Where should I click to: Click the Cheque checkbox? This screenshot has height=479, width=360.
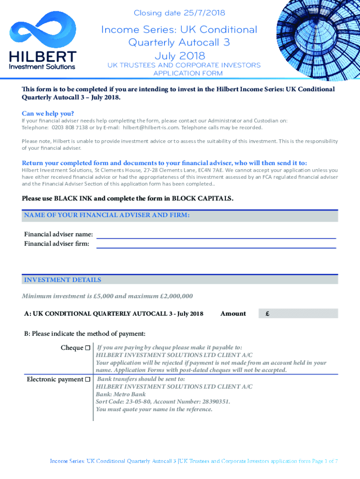(87, 348)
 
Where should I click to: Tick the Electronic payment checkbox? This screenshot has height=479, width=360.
(87, 379)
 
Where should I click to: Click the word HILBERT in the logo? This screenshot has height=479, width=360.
(43, 57)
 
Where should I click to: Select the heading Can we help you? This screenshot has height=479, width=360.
(48, 113)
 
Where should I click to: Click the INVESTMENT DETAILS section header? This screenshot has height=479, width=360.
(62, 280)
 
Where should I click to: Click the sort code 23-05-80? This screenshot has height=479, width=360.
(137, 402)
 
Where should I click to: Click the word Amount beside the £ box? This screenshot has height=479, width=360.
(233, 313)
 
